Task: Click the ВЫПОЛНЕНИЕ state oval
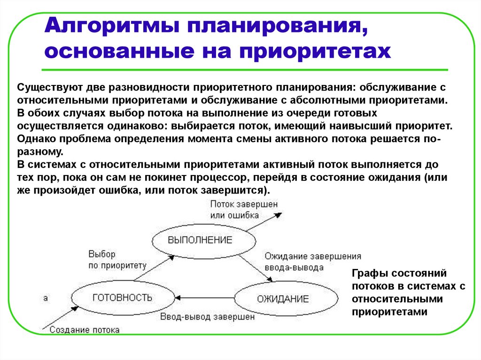(x=200, y=240)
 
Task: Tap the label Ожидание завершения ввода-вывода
(x=312, y=262)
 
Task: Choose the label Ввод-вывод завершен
(x=207, y=317)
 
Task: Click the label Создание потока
(x=84, y=329)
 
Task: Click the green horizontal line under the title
(x=244, y=70)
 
